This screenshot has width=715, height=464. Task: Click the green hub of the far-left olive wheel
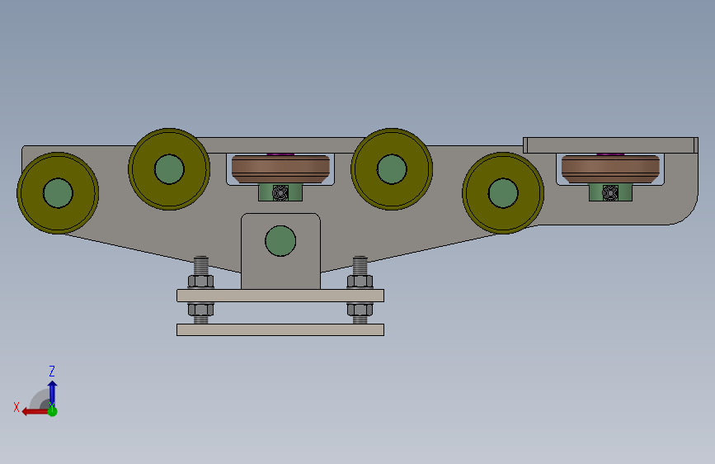[x=58, y=192]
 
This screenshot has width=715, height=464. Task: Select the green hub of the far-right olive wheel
[x=503, y=192]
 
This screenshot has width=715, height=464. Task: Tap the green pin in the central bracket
[x=280, y=241]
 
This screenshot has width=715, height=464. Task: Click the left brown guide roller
[x=280, y=168]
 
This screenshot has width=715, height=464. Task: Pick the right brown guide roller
[x=610, y=168]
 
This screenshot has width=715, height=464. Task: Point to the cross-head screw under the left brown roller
[x=280, y=192]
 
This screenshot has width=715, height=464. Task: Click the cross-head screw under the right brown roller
[x=610, y=192]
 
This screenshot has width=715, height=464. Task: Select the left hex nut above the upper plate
[x=200, y=282]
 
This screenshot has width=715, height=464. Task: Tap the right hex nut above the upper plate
[x=360, y=282]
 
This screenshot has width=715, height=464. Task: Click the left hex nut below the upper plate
[x=200, y=310]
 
